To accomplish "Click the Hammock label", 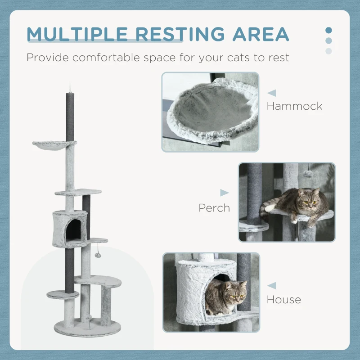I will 294,106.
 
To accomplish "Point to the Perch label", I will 214,208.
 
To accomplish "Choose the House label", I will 283,299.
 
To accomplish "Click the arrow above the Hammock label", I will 272,93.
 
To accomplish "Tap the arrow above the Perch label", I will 224,193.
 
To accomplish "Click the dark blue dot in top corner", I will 328,31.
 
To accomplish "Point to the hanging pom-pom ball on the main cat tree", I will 98,255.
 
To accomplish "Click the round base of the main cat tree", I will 87,328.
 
